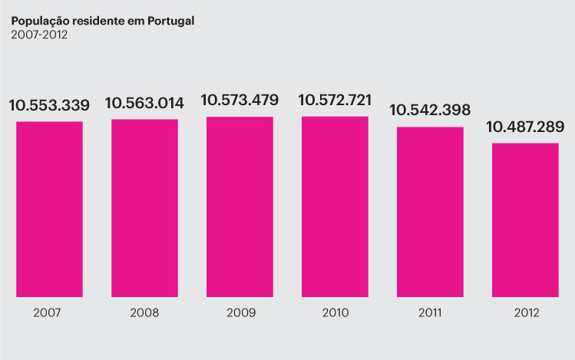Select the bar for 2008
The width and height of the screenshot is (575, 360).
click(x=144, y=207)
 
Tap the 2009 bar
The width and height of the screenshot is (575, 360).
click(x=240, y=206)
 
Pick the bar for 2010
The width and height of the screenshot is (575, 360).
click(x=335, y=206)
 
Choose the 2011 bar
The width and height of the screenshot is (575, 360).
click(x=430, y=211)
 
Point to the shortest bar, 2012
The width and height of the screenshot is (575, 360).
click(x=525, y=220)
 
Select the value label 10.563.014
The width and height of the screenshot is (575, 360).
click(x=145, y=104)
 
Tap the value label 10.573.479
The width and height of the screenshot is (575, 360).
click(x=240, y=100)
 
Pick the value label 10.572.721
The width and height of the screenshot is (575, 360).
click(x=335, y=100)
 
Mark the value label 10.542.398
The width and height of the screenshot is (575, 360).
click(x=430, y=110)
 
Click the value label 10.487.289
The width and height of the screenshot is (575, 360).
click(x=525, y=127)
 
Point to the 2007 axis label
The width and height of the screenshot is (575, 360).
click(x=48, y=313)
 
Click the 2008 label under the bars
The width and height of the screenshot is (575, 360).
click(x=144, y=313)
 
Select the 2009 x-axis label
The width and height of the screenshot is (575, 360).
click(x=241, y=313)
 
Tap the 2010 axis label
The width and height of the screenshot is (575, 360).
click(x=335, y=313)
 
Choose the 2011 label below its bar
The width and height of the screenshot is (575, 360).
click(x=430, y=313)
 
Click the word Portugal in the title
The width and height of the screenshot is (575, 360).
click(x=170, y=21)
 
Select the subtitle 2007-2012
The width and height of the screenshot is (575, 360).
click(x=39, y=35)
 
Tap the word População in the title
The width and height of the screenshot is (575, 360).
click(x=42, y=21)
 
